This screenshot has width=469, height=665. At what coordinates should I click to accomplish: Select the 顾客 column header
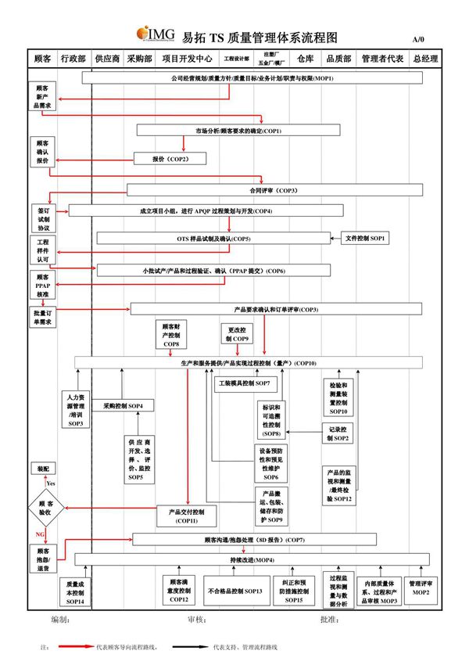click(x=42, y=59)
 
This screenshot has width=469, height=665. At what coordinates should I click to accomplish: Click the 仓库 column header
click(x=306, y=59)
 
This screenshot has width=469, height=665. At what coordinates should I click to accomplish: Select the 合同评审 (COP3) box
click(x=274, y=190)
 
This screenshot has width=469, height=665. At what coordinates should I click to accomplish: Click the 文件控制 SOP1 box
click(x=364, y=238)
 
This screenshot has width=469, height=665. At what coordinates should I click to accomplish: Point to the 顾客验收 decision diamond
click(x=45, y=509)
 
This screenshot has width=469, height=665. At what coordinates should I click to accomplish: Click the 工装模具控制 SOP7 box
click(x=242, y=384)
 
